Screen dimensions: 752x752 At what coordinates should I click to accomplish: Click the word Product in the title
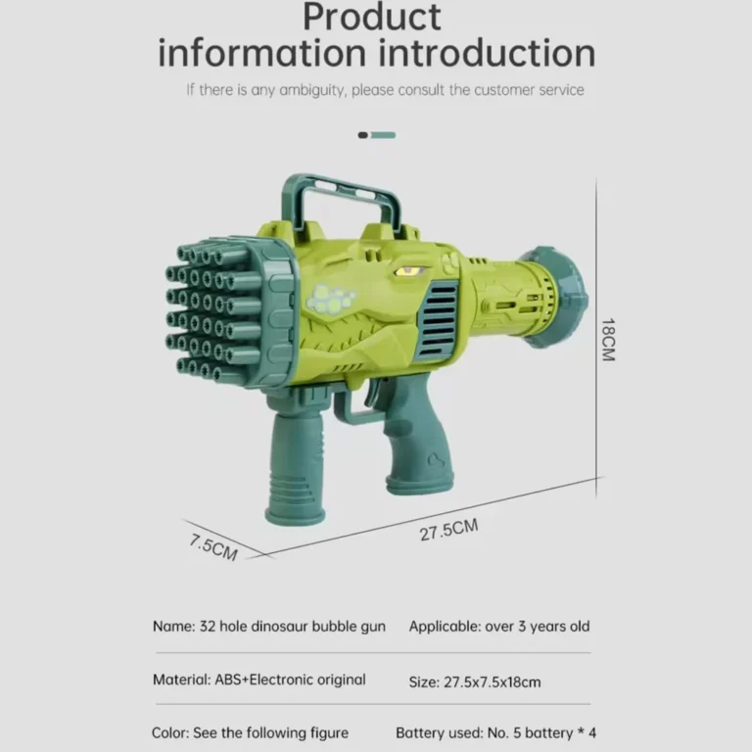372,18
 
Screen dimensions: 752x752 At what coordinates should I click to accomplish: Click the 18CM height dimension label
608,340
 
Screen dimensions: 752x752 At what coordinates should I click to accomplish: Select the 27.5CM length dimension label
448,530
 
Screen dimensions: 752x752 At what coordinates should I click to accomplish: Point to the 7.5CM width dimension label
213,547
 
